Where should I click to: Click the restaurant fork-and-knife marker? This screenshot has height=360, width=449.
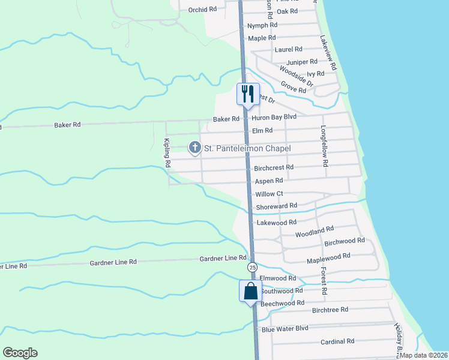247,94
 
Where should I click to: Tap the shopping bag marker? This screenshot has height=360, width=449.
250,292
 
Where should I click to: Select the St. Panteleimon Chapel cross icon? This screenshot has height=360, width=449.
194,147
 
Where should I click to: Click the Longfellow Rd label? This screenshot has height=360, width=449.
324,146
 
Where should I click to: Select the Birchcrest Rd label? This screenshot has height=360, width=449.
274,168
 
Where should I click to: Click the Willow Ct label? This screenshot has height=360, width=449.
269,194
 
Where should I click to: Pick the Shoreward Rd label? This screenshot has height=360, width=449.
277,206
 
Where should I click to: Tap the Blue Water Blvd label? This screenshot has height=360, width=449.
285,329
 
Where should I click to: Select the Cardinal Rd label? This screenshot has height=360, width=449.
337,341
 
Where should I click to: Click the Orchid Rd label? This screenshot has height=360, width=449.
202,10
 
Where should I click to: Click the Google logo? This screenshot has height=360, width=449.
20,353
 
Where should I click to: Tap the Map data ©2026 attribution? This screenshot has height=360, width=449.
423,355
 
